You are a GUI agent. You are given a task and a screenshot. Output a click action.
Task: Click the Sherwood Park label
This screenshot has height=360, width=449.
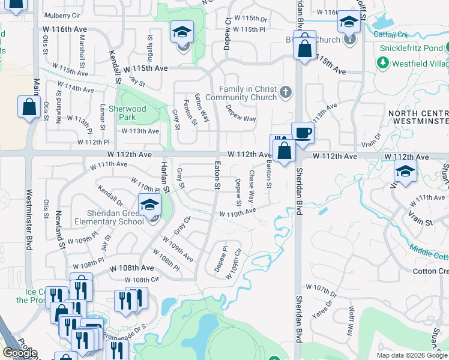point(131,113)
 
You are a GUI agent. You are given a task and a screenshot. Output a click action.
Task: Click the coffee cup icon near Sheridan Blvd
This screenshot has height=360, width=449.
point(303,133)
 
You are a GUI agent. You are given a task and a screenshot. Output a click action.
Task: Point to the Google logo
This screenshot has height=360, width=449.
point(19,353)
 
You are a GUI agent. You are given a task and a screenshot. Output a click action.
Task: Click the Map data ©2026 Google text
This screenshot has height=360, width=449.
point(412,355)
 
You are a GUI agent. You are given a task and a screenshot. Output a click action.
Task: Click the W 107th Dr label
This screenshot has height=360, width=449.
point(321,290)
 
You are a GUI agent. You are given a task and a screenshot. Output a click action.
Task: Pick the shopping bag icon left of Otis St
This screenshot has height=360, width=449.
point(29,108)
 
